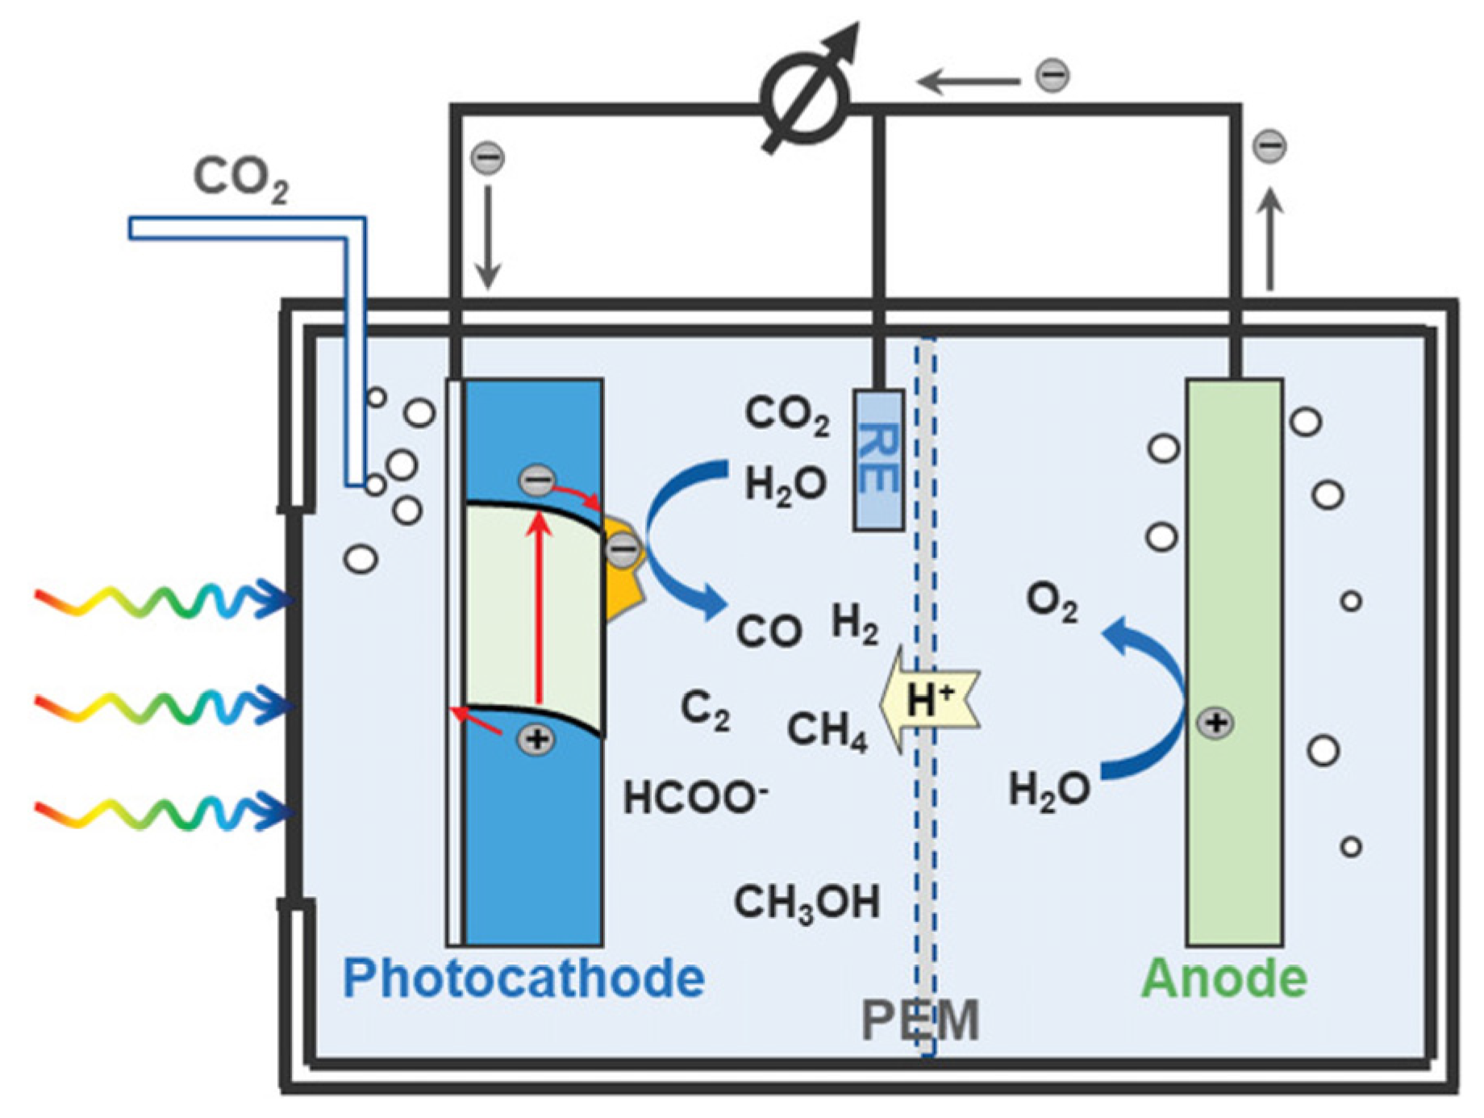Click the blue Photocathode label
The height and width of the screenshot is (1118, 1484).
[523, 978]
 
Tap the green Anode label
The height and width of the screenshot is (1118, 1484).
[1224, 978]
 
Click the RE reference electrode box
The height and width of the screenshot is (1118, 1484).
[878, 460]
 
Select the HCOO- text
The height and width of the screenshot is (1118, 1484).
[694, 799]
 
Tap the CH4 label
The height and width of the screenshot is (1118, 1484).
[827, 730]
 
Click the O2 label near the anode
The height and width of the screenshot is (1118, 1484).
[1050, 602]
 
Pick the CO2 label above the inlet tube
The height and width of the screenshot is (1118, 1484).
[240, 177]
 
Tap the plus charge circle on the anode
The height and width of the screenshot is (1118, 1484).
[1215, 723]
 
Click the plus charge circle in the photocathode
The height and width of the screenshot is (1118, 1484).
[536, 739]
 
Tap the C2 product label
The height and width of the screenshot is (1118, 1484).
[705, 709]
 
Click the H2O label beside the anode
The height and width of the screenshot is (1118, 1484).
[1048, 789]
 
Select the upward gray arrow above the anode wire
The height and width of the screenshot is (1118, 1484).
[1270, 238]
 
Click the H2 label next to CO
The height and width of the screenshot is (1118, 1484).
[854, 624]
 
